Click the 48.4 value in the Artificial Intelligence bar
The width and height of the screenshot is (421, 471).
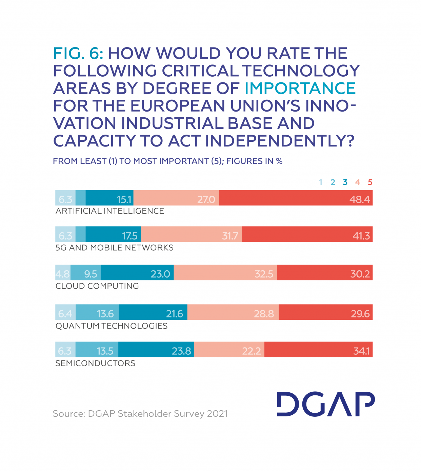[x=359, y=199]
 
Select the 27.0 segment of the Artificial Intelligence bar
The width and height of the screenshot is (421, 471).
[x=206, y=199]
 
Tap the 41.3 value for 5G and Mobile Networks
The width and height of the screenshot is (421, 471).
[x=361, y=236]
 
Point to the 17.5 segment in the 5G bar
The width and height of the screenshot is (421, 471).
[x=129, y=236]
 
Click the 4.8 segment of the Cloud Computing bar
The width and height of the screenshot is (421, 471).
[x=63, y=274]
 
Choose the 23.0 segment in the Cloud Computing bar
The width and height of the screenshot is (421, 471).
[x=160, y=274]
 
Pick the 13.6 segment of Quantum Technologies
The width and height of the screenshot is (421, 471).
[x=105, y=314]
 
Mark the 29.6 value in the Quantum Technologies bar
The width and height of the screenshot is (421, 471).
[x=360, y=314]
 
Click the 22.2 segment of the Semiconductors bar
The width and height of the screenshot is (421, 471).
[x=251, y=351]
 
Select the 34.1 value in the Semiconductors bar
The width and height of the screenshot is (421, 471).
[x=361, y=351]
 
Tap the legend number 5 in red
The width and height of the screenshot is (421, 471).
[x=370, y=182]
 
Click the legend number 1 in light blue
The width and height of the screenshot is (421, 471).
[x=321, y=182]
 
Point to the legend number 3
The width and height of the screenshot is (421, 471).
[x=345, y=182]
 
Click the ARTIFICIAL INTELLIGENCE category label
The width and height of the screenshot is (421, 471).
[x=109, y=211]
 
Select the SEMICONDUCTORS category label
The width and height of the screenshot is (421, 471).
[x=95, y=363]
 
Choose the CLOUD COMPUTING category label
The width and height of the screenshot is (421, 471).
[x=97, y=286]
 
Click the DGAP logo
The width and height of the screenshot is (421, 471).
[x=325, y=404]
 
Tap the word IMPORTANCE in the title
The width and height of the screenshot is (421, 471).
[x=300, y=88]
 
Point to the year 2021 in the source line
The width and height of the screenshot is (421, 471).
[x=217, y=414]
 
